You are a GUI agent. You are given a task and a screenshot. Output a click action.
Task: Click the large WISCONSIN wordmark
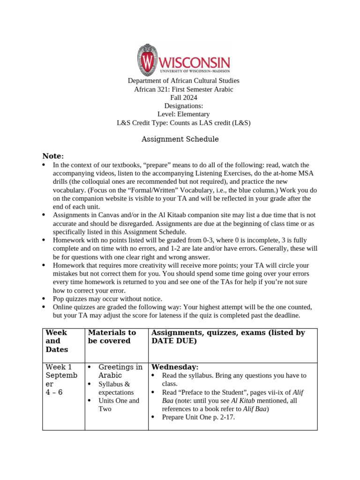click(x=195, y=62)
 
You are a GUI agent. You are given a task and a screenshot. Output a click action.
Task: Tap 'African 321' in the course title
click(x=145, y=89)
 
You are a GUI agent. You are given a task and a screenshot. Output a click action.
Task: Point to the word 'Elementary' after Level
click(x=193, y=114)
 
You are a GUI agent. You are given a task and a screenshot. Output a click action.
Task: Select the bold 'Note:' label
click(x=53, y=156)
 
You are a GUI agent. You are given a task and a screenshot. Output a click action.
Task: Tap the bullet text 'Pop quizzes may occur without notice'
click(x=107, y=299)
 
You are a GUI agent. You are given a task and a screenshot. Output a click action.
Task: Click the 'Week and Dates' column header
click(x=57, y=341)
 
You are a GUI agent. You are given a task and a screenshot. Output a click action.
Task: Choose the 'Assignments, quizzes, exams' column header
click(x=228, y=337)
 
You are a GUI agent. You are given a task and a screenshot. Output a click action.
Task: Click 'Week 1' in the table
click(x=59, y=367)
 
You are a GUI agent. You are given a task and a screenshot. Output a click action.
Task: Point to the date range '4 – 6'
click(x=54, y=392)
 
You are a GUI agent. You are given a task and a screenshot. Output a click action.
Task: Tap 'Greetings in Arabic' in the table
click(x=120, y=371)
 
